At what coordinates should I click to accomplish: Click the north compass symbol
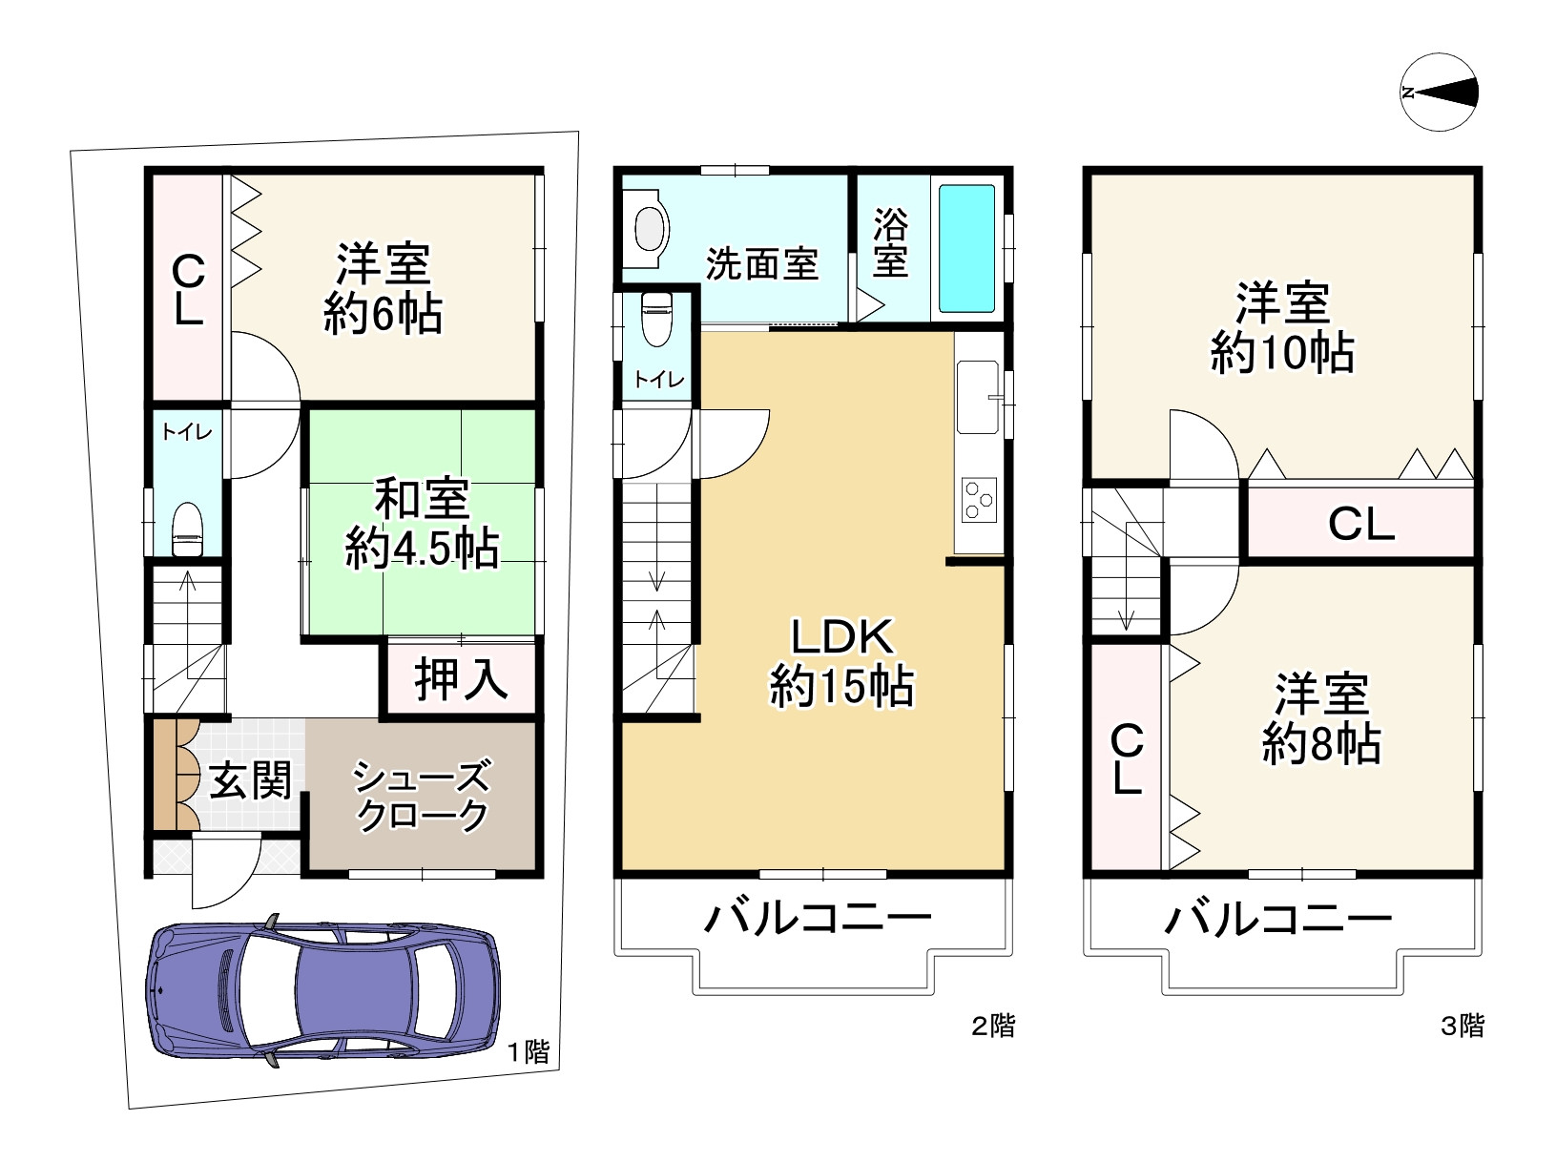[x=1440, y=93]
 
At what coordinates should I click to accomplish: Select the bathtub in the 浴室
[x=966, y=249]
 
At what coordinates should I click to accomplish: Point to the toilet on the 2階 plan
[x=656, y=319]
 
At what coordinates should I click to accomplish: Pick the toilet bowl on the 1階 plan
[x=187, y=529]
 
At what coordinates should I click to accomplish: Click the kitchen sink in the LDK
[x=976, y=397]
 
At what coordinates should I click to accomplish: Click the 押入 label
[x=460, y=680]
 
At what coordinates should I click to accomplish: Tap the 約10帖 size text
[x=1282, y=354]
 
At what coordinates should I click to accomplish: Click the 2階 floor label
[x=993, y=1027]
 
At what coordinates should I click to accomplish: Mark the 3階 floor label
[x=1462, y=1027]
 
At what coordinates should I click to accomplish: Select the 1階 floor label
[x=528, y=1052]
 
